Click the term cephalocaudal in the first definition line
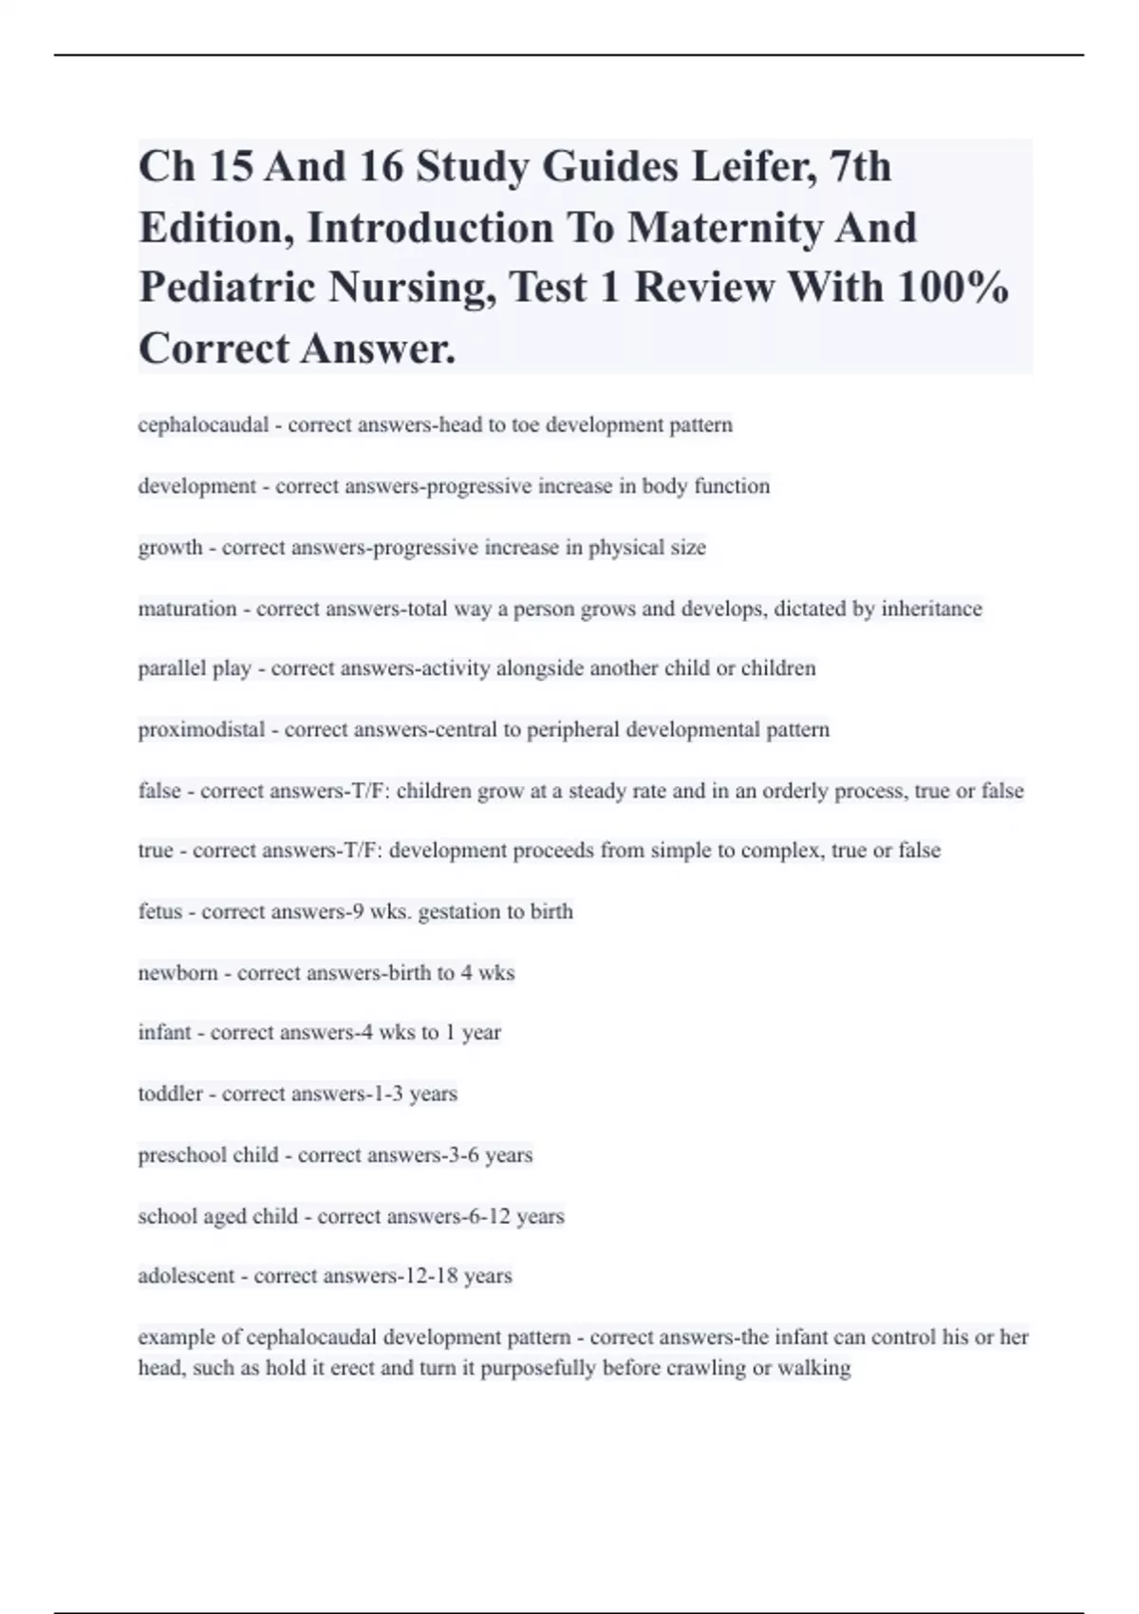click(203, 424)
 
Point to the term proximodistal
click(201, 730)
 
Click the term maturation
click(187, 609)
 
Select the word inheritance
click(931, 609)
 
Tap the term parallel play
click(195, 668)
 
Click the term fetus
click(159, 911)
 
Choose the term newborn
click(177, 973)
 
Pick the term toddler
click(170, 1094)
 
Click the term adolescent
click(186, 1276)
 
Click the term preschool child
click(208, 1155)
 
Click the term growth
click(170, 548)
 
